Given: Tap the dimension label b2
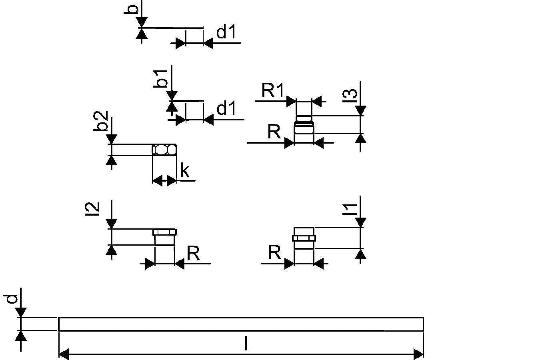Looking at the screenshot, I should (102, 121).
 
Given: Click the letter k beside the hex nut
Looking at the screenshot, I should (184, 170).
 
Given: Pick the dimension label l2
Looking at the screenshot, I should (92, 209).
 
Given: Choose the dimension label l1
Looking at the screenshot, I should (350, 209).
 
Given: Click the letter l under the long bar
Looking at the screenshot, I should (246, 344).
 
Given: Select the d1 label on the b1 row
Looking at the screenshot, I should (226, 108).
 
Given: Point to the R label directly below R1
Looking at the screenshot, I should (274, 132).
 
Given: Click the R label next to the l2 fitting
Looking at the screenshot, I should (193, 253).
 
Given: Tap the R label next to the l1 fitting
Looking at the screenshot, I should (274, 253).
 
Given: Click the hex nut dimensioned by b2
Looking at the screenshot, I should (164, 150).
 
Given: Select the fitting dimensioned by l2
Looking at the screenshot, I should (164, 237).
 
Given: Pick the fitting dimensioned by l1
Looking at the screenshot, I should (304, 238).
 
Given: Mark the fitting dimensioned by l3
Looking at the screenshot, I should (304, 124).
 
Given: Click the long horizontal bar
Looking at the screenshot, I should (241, 324).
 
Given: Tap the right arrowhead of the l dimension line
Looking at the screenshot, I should (418, 354).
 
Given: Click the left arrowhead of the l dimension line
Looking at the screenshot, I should (64, 354).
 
